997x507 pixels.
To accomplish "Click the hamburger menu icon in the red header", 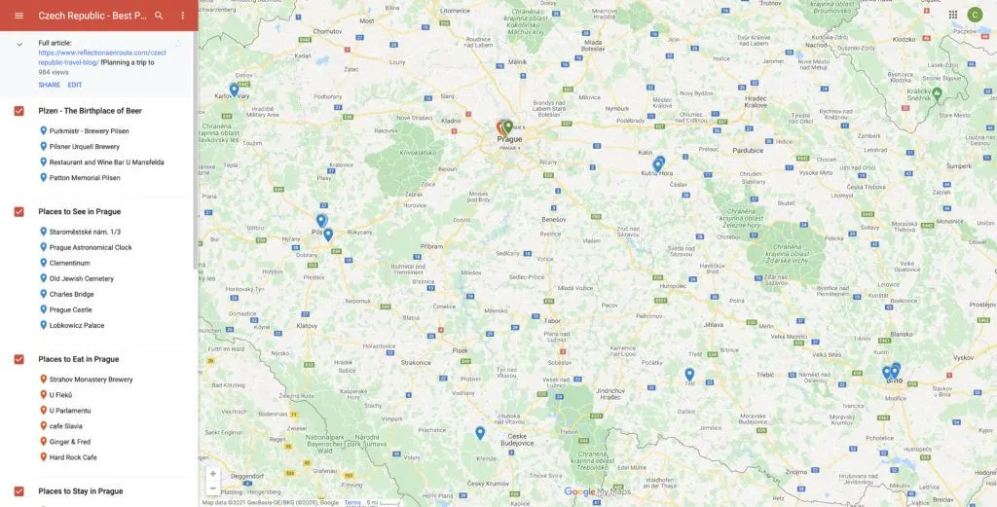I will coord(18,16).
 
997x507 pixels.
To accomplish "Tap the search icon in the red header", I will coord(159,16).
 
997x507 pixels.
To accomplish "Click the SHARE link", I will coord(49,85).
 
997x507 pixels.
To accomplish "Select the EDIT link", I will coord(75,85).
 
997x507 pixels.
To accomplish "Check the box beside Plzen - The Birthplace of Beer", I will coord(19,111).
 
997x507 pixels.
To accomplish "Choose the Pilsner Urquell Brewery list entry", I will coord(85,146).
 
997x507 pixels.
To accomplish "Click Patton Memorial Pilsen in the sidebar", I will coord(85,178).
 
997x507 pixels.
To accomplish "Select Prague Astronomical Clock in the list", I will coord(91,247).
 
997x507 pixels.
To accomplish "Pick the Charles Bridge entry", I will coord(71,294).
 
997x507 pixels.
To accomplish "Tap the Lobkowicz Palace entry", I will coord(77,325).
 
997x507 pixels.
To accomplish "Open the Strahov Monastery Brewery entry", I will coord(92,380).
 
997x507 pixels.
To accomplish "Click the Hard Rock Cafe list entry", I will coord(73,457).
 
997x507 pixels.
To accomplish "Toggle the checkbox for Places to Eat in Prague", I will coord(19,359).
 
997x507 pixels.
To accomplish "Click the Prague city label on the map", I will coord(509,139).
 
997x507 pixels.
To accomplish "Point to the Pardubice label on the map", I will coord(748,151).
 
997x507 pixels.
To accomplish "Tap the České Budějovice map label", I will coord(516,440).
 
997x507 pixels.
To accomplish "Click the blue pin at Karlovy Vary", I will coord(234,89).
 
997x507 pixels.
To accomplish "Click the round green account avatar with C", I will coord(975,15).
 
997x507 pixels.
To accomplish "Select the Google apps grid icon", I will coord(952,15).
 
